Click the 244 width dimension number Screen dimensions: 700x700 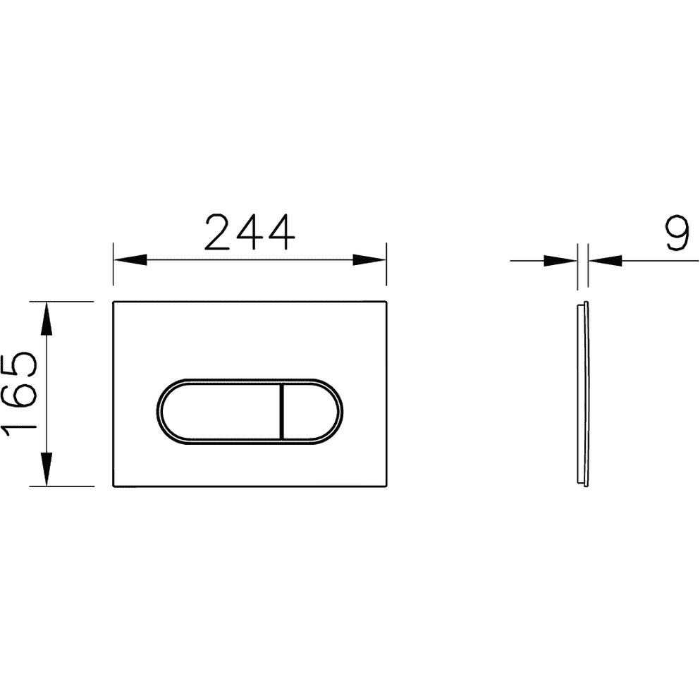point(250,233)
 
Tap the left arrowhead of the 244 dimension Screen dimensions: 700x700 point(129,259)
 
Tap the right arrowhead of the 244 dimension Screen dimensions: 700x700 point(371,259)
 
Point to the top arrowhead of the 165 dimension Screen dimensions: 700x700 point(46,318)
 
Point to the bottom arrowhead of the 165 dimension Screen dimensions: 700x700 point(46,470)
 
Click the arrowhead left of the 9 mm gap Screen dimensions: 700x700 point(560,260)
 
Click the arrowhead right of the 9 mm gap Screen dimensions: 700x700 point(606,260)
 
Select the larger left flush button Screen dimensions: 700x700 point(219,412)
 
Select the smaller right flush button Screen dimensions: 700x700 point(310,412)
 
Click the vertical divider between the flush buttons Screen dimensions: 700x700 point(281,412)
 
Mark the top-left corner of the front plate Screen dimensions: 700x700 point(113,302)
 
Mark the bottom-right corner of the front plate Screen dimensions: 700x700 point(386,486)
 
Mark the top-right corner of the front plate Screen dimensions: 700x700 point(386,302)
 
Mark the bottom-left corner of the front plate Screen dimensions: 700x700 point(113,486)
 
